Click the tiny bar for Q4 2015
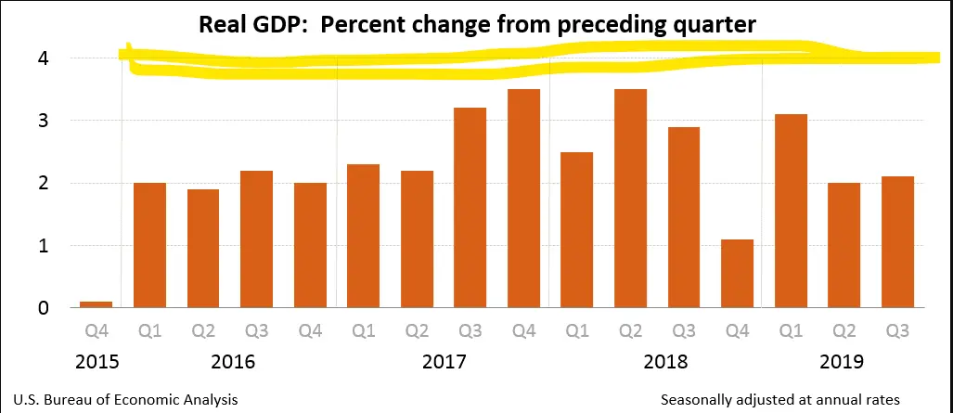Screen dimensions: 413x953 97,303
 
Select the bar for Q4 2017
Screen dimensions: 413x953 524,199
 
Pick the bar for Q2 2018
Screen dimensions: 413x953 631,199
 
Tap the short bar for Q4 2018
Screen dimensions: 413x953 738,274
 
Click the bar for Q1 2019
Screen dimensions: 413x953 791,211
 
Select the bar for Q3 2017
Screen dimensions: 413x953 470,208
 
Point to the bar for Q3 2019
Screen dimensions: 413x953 897,242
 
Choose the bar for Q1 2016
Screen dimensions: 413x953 149,245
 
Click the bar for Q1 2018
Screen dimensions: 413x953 577,230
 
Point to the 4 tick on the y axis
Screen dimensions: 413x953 44,58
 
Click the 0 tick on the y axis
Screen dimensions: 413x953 44,308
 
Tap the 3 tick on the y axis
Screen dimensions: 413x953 44,121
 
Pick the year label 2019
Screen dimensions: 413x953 843,360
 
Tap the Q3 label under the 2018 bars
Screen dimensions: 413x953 684,332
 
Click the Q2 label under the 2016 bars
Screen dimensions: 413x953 203,332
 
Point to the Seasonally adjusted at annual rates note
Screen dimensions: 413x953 780,399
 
